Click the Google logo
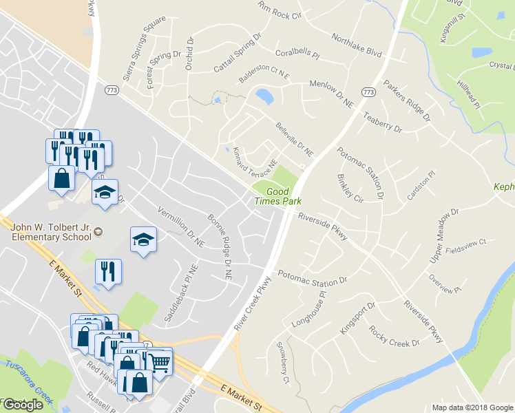(x=22, y=405)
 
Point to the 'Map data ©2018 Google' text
(x=472, y=407)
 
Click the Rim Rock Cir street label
(x=280, y=10)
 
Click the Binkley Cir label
(x=350, y=186)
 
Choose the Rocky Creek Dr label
(x=394, y=335)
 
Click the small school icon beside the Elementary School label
(x=98, y=231)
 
